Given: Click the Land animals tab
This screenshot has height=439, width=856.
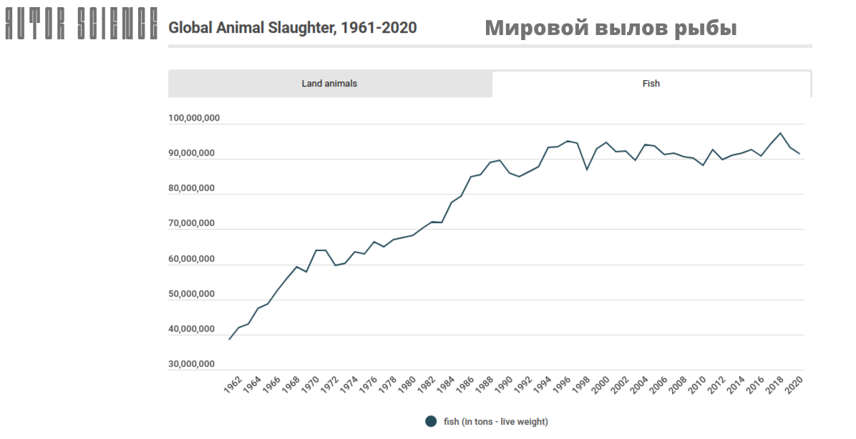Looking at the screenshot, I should coord(329,84).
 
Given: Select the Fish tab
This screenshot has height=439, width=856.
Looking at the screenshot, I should coord(651,84).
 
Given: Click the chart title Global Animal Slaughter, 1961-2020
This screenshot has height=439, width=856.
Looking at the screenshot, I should coord(292,28).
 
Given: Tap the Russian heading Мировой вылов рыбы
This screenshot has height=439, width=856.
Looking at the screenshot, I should coord(611,28).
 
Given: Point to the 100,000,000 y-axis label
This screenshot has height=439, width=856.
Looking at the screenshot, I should coord(195,119).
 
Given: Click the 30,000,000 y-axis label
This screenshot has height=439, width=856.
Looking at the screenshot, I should coord(192,365).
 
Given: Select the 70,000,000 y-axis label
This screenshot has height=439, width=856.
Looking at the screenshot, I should coord(192,224).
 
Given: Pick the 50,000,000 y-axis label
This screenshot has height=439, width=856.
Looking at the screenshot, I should coord(192,295).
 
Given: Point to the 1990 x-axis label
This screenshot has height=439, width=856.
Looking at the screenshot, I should coord(504,385).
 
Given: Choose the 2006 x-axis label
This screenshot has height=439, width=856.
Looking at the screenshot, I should coord(658,385).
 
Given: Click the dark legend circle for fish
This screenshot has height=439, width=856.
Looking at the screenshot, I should coord(431,421).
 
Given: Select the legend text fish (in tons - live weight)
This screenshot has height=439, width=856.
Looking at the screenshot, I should coord(496,421).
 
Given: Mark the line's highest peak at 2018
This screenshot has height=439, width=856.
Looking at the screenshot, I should coord(780,133).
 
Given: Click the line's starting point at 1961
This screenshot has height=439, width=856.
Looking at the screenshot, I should coord(229,339).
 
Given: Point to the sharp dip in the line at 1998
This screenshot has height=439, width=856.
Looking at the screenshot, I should coord(587,169).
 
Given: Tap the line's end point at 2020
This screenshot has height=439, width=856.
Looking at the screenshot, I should coord(799,154).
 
